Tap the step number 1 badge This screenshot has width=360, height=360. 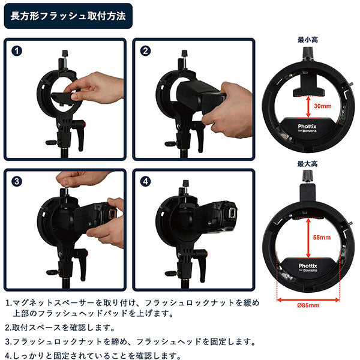17,51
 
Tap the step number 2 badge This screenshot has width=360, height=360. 145,51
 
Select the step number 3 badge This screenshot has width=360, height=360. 17,181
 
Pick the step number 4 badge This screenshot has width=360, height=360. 145,181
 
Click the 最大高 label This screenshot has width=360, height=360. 308,163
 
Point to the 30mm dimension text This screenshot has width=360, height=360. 323,106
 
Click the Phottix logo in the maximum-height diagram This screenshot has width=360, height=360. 307,263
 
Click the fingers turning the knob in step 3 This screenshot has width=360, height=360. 78,179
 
